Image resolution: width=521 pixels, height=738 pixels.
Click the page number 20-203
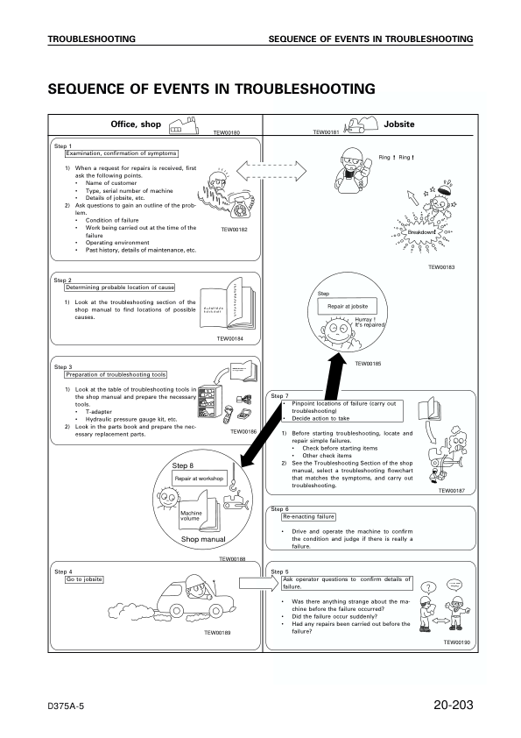[x=453, y=706]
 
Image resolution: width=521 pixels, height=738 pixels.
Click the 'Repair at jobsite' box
[x=352, y=307]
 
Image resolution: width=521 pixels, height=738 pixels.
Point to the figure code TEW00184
[x=230, y=338]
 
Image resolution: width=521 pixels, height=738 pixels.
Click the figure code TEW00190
[x=457, y=642]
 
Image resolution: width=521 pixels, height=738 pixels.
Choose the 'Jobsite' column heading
[x=398, y=124]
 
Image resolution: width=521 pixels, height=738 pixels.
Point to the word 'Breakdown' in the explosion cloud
[x=434, y=231]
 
